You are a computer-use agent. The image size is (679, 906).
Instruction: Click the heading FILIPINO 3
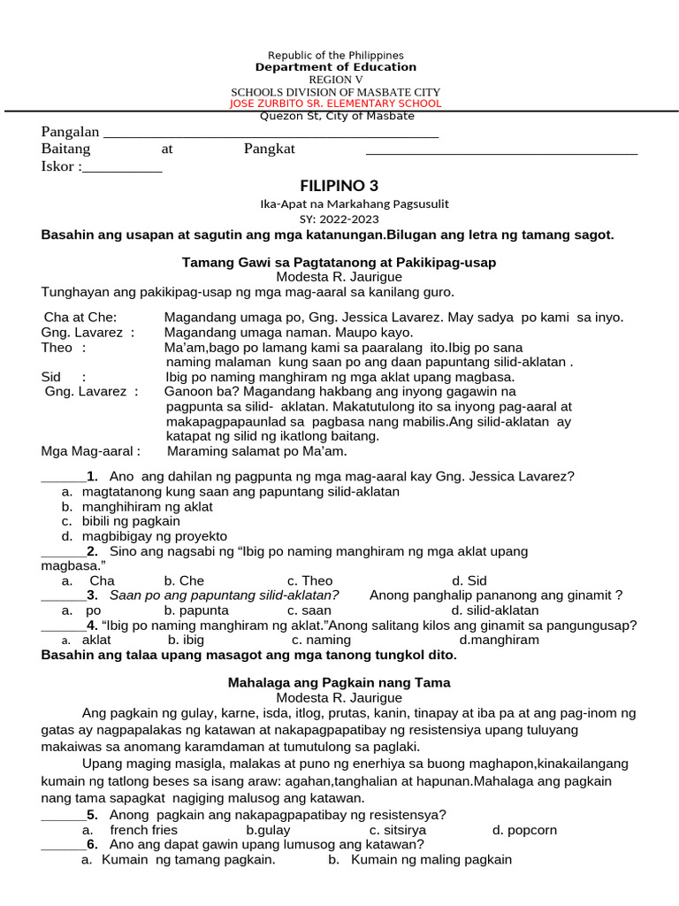(x=339, y=185)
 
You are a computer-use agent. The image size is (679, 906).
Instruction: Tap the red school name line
(x=335, y=104)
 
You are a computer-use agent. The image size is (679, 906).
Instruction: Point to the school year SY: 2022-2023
(x=339, y=219)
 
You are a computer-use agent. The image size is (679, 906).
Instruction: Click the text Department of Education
(x=335, y=67)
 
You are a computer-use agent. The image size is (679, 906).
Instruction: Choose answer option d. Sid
(x=469, y=580)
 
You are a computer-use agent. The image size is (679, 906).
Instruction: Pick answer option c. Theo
(x=309, y=580)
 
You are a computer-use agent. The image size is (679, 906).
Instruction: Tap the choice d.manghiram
(x=499, y=640)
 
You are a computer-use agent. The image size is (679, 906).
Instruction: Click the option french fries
(x=143, y=830)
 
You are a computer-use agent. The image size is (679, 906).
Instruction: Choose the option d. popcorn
(x=524, y=830)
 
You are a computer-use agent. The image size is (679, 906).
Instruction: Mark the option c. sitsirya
(x=398, y=830)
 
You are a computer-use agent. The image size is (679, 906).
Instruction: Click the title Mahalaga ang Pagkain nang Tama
(x=339, y=683)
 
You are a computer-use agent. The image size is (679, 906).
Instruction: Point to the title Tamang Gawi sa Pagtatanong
(x=339, y=263)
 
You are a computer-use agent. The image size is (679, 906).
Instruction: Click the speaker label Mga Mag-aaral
(x=91, y=451)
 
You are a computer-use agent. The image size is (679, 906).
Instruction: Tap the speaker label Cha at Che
(x=80, y=317)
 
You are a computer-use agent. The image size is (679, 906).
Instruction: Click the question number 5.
(x=92, y=815)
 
